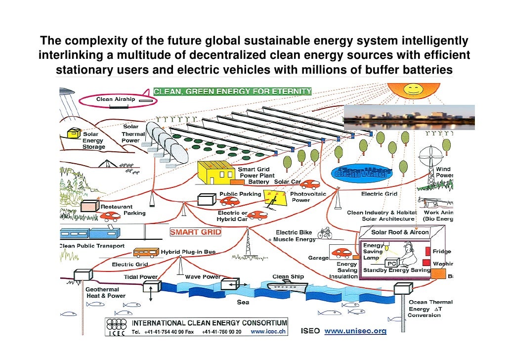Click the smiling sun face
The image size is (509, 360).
click(x=413, y=90)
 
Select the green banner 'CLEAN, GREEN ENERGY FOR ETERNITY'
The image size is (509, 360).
click(x=233, y=91)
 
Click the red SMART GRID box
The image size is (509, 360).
click(x=196, y=232)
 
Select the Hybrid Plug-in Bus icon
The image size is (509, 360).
click(x=146, y=252)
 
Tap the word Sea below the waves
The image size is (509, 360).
click(x=243, y=302)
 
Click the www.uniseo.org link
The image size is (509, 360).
click(x=355, y=331)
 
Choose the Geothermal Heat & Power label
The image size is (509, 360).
click(x=105, y=292)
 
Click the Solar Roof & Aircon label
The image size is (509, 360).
click(x=400, y=232)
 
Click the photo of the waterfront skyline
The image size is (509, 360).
click(x=408, y=117)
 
